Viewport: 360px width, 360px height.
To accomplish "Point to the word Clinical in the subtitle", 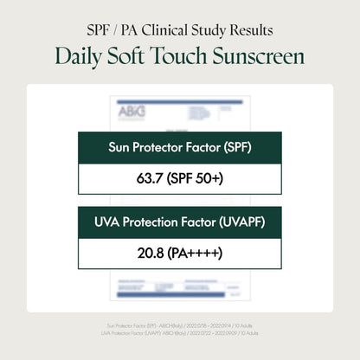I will (x=167, y=30).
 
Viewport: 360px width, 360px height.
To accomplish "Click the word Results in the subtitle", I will (x=252, y=30).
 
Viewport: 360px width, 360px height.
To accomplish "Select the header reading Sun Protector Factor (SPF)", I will (x=179, y=146).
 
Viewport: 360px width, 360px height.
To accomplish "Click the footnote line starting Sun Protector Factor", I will (x=179, y=325).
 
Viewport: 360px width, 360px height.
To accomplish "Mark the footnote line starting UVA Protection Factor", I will (x=179, y=332).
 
